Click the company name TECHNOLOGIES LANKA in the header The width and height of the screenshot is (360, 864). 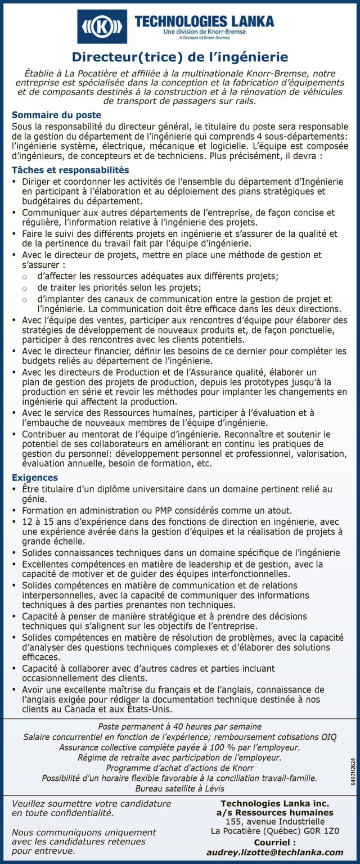tap(204, 21)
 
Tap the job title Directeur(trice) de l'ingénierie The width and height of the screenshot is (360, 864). tap(180, 57)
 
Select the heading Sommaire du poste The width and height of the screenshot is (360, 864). tap(57, 115)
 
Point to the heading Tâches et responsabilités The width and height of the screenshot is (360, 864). tap(71, 170)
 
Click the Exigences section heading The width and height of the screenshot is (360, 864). tap(34, 478)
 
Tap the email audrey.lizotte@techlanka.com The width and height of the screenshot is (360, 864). tap(274, 852)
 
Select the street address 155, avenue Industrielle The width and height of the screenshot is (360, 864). tap(274, 822)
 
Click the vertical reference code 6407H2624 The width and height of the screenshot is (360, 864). tap(353, 771)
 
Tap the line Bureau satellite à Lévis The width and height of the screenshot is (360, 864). tap(180, 788)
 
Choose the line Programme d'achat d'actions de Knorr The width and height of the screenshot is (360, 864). tap(180, 768)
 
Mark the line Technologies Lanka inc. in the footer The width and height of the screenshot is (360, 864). tap(274, 803)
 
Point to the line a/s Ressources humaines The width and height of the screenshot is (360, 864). tap(274, 812)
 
